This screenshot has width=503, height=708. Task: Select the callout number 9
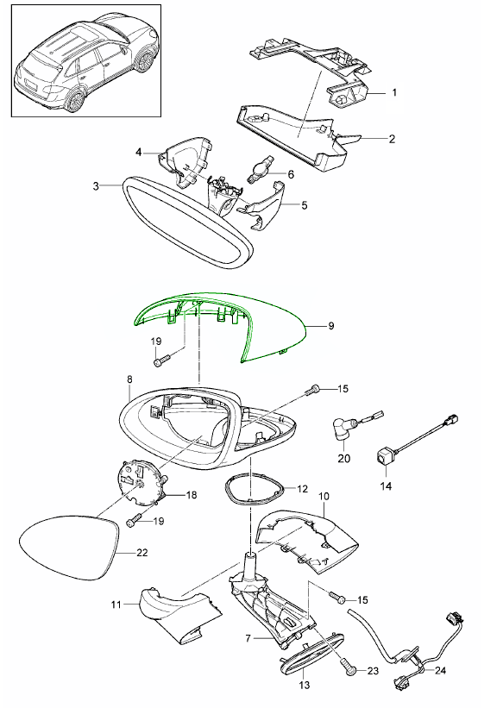[x=331, y=326]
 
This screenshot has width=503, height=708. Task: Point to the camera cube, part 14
[x=384, y=457]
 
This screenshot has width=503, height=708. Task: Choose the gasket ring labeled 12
[x=255, y=489]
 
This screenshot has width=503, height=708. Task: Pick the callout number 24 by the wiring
[x=440, y=670]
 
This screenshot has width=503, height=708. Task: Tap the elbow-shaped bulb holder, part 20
[x=343, y=428]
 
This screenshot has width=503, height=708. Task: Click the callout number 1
[x=394, y=92]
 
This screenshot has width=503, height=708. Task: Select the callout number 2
[x=392, y=139]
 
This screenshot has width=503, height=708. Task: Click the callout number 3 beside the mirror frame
[x=96, y=185]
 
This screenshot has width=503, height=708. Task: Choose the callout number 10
[x=324, y=497]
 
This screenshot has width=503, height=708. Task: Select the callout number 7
[x=248, y=638]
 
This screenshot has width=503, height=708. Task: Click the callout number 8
[x=129, y=379]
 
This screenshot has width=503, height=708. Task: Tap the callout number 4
[x=139, y=152]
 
